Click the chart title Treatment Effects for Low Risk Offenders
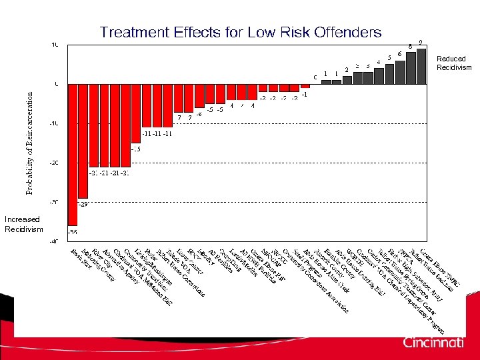pyautogui.click(x=241, y=32)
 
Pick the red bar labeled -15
pyautogui.click(x=136, y=113)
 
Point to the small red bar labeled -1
pyautogui.click(x=305, y=86)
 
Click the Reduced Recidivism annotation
pyautogui.click(x=454, y=63)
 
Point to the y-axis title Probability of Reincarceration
pyautogui.click(x=30, y=143)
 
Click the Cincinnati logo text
pyautogui.click(x=433, y=343)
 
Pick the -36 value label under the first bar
pyautogui.click(x=73, y=232)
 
